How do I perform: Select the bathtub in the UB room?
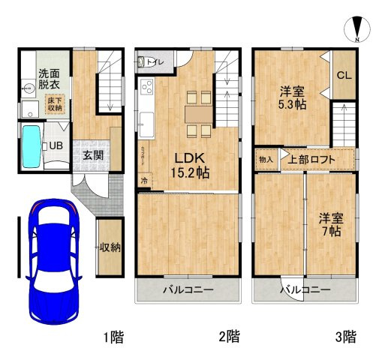click(32, 145)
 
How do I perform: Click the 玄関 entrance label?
click(93, 156)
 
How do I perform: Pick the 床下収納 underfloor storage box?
click(56, 104)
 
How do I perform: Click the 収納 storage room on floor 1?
click(110, 248)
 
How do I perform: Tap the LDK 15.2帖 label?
click(192, 165)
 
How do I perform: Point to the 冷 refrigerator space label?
click(143, 181)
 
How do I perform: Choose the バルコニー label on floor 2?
click(189, 289)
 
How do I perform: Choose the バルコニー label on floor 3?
click(305, 289)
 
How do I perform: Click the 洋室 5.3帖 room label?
click(292, 98)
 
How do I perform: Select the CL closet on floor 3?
click(344, 74)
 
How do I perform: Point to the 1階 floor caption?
click(113, 337)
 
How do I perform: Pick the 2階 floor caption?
click(229, 337)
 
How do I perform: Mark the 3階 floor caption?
click(346, 337)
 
